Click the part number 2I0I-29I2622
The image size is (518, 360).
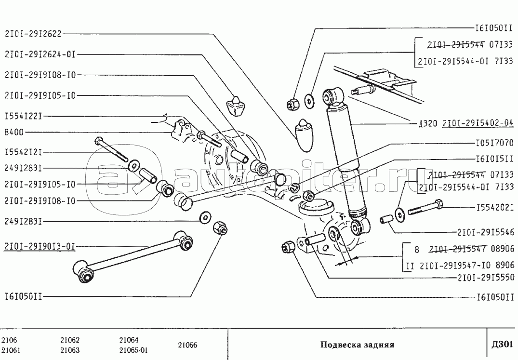click(33, 34)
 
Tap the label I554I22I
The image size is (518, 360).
click(24, 116)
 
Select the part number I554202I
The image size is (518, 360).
click(495, 208)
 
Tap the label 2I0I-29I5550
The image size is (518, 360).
click(486, 278)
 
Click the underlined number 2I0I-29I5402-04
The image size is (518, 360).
click(478, 123)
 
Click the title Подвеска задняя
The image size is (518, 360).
click(357, 345)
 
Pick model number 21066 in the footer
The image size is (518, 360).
click(188, 345)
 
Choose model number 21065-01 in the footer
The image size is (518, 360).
click(133, 350)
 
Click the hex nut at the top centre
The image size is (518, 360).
click(292, 103)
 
